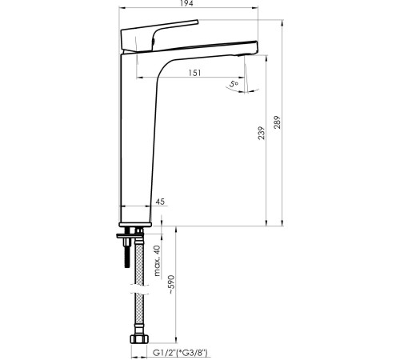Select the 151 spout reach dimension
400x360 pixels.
point(194,73)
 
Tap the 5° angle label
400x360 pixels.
point(234,83)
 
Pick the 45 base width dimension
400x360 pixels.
point(160,203)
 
